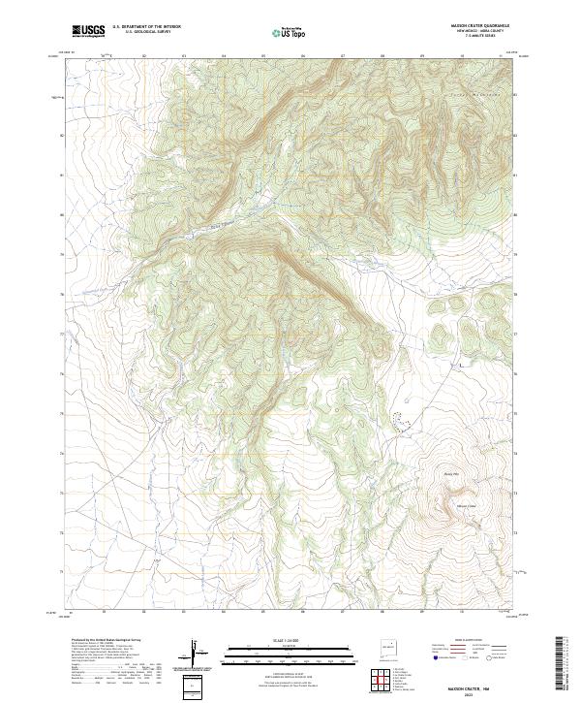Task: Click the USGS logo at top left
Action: tap(88, 31)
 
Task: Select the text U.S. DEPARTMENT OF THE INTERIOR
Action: tap(146, 27)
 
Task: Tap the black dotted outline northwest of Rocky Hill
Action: tap(401, 417)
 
